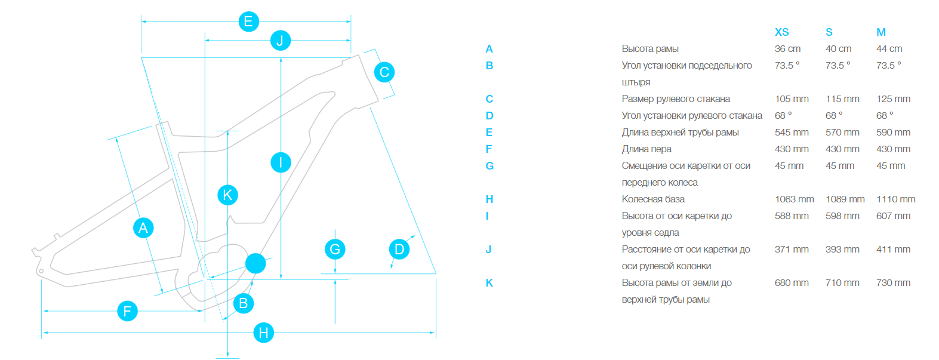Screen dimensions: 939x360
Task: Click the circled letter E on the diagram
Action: click(248, 21)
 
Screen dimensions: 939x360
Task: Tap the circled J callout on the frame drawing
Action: click(280, 41)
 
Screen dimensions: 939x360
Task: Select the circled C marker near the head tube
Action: click(384, 72)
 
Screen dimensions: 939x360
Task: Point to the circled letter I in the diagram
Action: click(281, 162)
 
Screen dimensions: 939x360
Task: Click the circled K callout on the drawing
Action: click(227, 195)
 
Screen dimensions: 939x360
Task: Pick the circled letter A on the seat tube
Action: click(143, 227)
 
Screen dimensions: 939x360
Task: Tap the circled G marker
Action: click(335, 249)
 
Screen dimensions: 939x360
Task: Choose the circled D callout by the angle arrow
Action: click(399, 249)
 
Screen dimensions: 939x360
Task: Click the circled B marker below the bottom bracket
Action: click(243, 303)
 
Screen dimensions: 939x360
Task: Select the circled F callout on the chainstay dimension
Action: click(127, 311)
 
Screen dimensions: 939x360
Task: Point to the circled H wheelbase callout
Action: click(263, 333)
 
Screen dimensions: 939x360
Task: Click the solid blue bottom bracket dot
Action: click(255, 263)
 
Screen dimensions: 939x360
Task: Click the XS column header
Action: click(781, 32)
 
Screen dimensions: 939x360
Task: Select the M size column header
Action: click(881, 32)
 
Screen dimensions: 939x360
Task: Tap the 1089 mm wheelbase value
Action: click(845, 199)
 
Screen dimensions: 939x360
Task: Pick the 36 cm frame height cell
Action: click(787, 49)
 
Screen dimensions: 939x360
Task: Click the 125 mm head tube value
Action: click(893, 99)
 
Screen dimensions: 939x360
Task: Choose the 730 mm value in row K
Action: click(893, 283)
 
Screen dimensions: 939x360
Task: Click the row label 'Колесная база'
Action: click(653, 199)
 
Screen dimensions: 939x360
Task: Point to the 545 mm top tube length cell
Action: click(792, 133)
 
